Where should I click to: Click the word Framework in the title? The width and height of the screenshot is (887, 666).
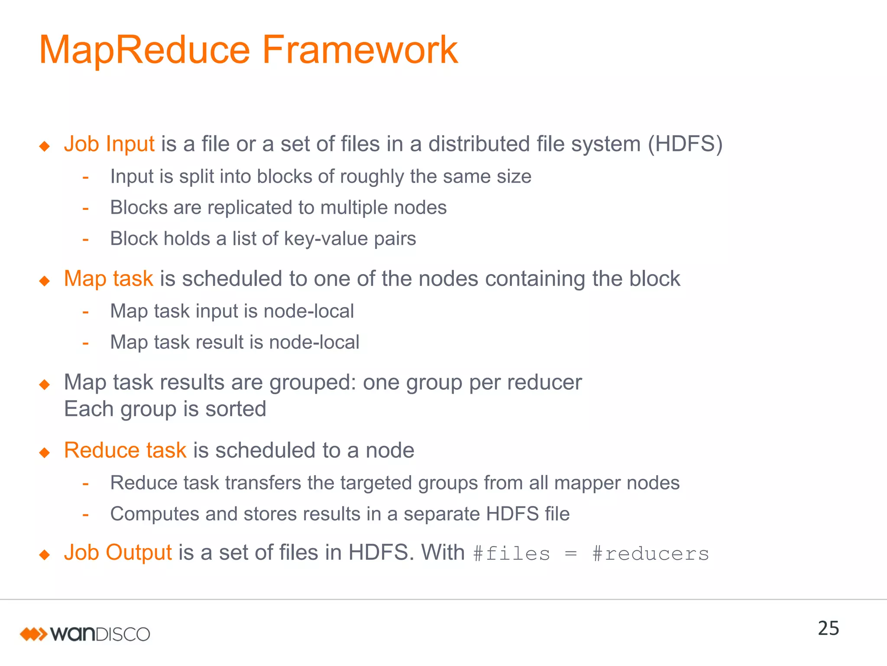359,50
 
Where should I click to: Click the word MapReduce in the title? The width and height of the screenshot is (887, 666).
144,50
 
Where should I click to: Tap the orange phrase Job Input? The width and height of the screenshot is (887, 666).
109,144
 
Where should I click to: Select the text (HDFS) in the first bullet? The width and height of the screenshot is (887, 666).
685,144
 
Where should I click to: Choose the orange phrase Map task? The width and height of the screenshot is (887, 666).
108,278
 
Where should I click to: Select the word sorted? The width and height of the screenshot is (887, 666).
236,409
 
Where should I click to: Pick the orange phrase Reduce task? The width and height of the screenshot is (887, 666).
125,450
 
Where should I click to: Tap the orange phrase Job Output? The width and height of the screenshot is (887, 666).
118,553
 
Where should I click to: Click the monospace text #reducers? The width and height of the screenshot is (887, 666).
651,554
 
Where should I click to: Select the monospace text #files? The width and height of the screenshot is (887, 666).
511,554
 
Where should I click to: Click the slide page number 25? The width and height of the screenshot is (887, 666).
828,628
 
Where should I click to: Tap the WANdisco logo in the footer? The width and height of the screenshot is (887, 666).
85,634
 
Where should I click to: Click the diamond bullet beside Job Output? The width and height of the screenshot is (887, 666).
45,555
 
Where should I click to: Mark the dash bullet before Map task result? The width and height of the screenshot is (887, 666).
86,343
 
